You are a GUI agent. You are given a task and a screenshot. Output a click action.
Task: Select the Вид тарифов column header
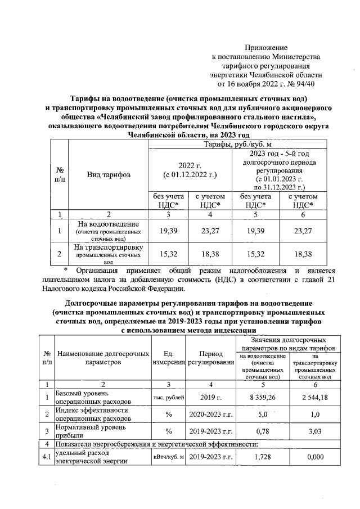click(108, 175)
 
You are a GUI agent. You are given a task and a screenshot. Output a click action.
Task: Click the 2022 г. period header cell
click(194, 170)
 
